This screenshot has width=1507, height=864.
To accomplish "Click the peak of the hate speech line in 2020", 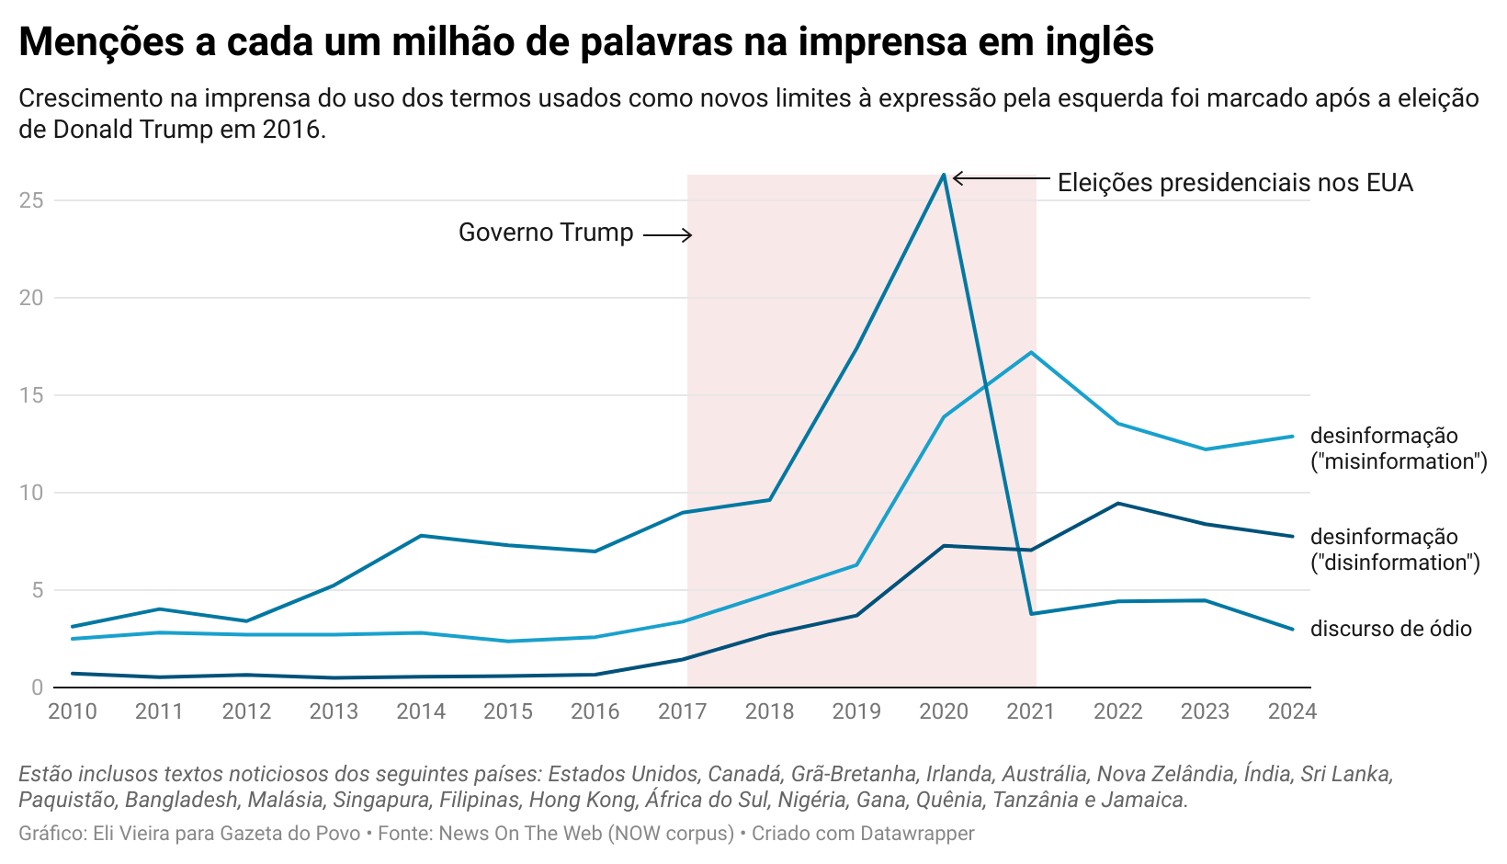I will click(944, 175).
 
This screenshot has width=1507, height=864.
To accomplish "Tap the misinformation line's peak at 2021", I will click(1031, 352).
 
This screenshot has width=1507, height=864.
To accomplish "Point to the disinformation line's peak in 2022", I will click(1118, 503).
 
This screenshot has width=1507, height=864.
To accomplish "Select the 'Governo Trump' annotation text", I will click(546, 233).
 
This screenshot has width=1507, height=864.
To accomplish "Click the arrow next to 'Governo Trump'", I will click(667, 235).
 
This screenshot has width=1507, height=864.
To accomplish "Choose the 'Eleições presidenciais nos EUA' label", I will click(1235, 183).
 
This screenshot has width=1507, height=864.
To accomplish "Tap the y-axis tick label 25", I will click(31, 200).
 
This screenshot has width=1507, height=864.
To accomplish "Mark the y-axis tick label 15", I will click(31, 395).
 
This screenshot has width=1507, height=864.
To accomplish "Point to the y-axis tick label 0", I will click(37, 688).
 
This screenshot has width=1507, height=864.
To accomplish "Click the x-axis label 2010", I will click(72, 711).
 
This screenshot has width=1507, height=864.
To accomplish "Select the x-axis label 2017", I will click(682, 711).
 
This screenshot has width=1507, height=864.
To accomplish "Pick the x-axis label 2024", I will click(1292, 711).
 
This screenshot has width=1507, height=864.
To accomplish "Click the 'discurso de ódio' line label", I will click(1390, 629).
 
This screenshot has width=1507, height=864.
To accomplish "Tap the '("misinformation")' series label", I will click(1399, 461).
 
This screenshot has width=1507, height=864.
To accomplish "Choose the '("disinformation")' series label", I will click(1395, 563).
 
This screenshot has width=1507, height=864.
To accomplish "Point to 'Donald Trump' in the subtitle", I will click(133, 130).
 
